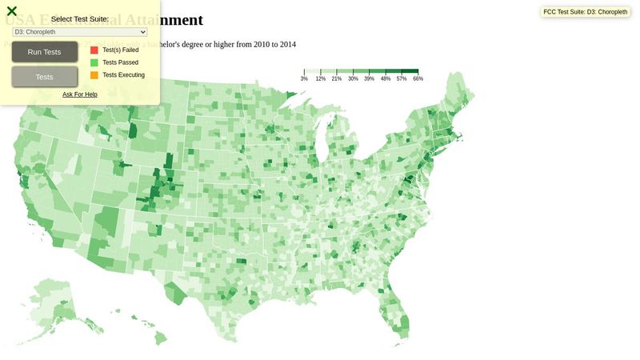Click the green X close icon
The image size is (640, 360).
point(12,11)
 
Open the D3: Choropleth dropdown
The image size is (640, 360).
point(80,32)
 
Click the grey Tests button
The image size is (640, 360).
point(45,77)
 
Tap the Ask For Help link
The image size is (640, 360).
point(80,94)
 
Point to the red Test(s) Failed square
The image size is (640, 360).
point(94,50)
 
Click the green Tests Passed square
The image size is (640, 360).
point(94,62)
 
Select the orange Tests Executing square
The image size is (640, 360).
point(94,75)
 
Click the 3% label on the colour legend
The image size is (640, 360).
point(304,79)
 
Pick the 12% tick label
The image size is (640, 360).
point(320,79)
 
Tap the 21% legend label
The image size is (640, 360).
point(337,79)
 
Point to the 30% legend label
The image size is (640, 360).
point(353,79)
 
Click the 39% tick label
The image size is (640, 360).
point(369,79)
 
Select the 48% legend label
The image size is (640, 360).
point(386,79)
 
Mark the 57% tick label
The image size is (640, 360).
point(402,79)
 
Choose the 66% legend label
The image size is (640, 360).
point(418,79)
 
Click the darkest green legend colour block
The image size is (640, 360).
point(410,72)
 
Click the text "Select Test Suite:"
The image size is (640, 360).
point(80,19)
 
